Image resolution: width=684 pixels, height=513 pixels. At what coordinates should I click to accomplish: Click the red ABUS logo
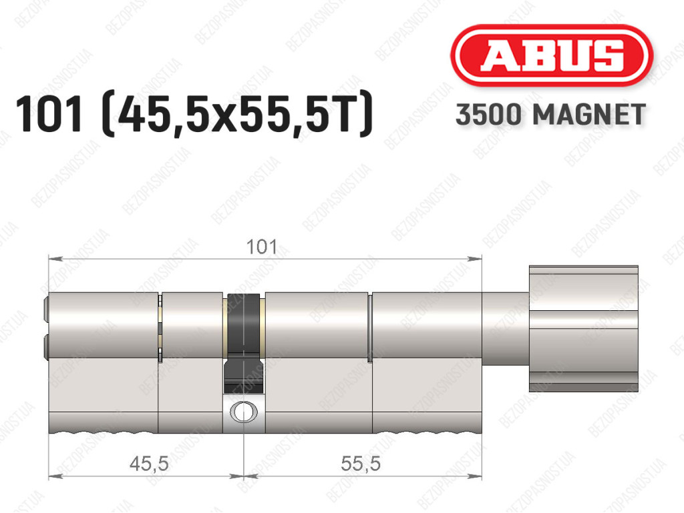[551, 55]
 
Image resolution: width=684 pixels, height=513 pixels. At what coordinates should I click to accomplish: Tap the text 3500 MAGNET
[550, 115]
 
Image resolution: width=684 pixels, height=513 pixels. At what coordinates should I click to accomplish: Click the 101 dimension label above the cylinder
[262, 247]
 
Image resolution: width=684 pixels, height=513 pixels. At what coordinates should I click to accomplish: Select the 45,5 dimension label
[149, 464]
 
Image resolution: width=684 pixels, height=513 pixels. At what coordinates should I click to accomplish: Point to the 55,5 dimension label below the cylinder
[361, 464]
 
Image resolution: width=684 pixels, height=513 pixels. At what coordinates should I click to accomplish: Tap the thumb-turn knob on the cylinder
[583, 328]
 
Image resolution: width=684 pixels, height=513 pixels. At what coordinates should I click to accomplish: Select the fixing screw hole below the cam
[243, 412]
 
